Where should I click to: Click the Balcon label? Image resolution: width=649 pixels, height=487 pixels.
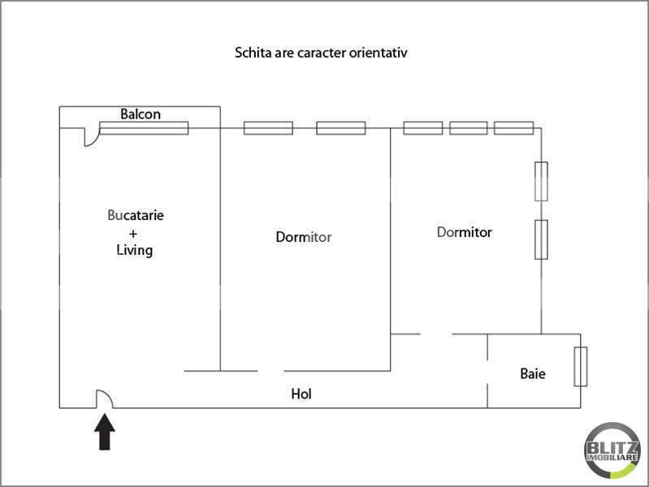(x=141, y=114)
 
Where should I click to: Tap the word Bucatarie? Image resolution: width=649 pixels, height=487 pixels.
(x=136, y=216)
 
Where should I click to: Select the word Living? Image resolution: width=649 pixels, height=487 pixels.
(x=135, y=250)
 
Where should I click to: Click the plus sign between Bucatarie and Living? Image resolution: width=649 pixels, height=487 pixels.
(x=134, y=233)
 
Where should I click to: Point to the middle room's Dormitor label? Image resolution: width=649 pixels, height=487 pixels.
(x=304, y=238)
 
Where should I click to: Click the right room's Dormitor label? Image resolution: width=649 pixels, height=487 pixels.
(x=465, y=232)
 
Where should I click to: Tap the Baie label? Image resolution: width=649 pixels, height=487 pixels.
(x=533, y=374)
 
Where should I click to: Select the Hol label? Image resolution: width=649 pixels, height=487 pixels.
(x=301, y=394)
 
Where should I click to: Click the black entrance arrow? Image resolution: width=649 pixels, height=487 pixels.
(x=106, y=431)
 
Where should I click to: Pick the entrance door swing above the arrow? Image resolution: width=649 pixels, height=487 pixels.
(x=105, y=399)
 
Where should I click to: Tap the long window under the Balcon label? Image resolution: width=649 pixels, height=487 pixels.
(x=144, y=127)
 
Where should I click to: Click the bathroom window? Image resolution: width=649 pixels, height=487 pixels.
(x=580, y=367)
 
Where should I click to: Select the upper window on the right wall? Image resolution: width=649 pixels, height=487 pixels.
(x=541, y=181)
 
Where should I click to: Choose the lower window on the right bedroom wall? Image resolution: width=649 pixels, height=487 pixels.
(x=541, y=239)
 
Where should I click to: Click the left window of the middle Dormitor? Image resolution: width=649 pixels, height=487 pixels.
(x=268, y=127)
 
